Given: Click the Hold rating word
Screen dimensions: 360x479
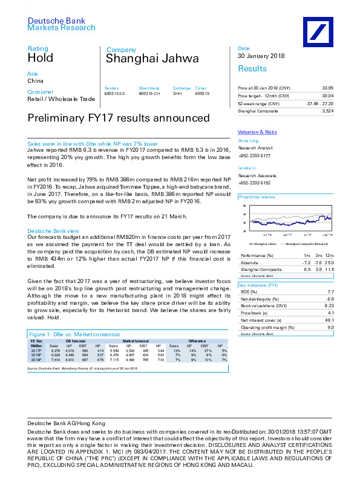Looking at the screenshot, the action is (41, 59).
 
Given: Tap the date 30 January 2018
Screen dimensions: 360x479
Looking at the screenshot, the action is (260, 57).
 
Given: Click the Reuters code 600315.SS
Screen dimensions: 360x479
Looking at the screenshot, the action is (114, 94).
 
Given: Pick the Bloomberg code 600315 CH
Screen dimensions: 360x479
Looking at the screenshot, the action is (149, 94).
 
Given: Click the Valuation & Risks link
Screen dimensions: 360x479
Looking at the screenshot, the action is (257, 132).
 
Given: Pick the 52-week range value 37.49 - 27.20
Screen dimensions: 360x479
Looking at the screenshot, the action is (319, 103).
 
